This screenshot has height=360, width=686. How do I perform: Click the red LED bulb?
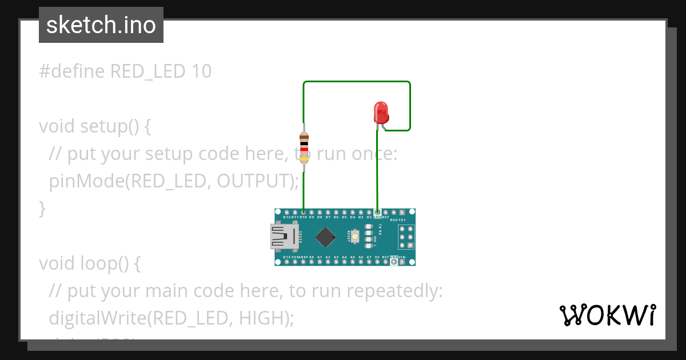pyautogui.click(x=381, y=112)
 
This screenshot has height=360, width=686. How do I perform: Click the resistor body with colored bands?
pyautogui.click(x=304, y=147)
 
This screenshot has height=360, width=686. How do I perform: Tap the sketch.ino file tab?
pyautogui.click(x=101, y=25)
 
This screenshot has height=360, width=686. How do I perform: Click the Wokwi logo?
pyautogui.click(x=607, y=315)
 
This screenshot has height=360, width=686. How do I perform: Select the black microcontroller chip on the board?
pyautogui.click(x=325, y=237)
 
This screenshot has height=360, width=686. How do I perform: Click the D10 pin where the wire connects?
pyautogui.click(x=304, y=212)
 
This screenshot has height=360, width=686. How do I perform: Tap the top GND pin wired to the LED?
pyautogui.click(x=377, y=212)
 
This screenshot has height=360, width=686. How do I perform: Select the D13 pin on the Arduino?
pyautogui.click(x=286, y=262)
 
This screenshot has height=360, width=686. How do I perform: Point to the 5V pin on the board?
pyautogui.click(x=377, y=262)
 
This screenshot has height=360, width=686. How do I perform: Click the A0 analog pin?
pyautogui.click(x=312, y=262)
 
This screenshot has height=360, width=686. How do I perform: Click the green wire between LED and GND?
pyautogui.click(x=377, y=171)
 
